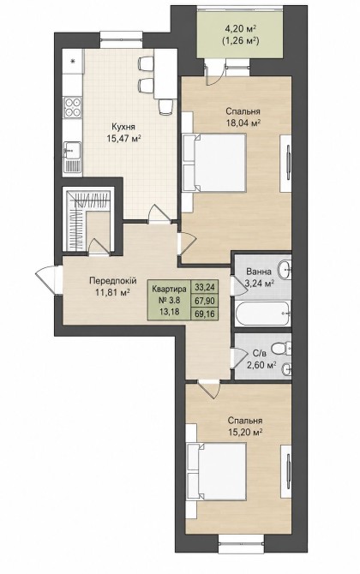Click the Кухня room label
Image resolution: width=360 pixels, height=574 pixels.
(x=123, y=127)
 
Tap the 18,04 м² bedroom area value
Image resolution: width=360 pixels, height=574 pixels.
(x=243, y=123)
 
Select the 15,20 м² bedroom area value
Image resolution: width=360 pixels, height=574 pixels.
(x=245, y=433)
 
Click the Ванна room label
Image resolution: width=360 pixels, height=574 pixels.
(x=259, y=272)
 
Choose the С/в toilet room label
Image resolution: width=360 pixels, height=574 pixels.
(x=260, y=354)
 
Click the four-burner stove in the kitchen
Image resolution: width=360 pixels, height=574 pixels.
(x=73, y=107)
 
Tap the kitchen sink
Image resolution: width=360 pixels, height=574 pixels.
(x=72, y=157)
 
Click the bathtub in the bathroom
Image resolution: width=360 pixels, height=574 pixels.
(x=263, y=313)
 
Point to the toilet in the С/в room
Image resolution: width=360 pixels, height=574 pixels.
(x=281, y=348)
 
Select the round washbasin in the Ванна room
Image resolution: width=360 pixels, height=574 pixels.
(x=284, y=270)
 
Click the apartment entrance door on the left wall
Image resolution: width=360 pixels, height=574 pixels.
(x=48, y=280)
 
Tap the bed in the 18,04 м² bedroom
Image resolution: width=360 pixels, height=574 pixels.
(x=214, y=163)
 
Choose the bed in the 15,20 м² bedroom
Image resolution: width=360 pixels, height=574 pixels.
(x=216, y=471)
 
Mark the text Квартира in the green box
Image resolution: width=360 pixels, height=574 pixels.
(x=169, y=289)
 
